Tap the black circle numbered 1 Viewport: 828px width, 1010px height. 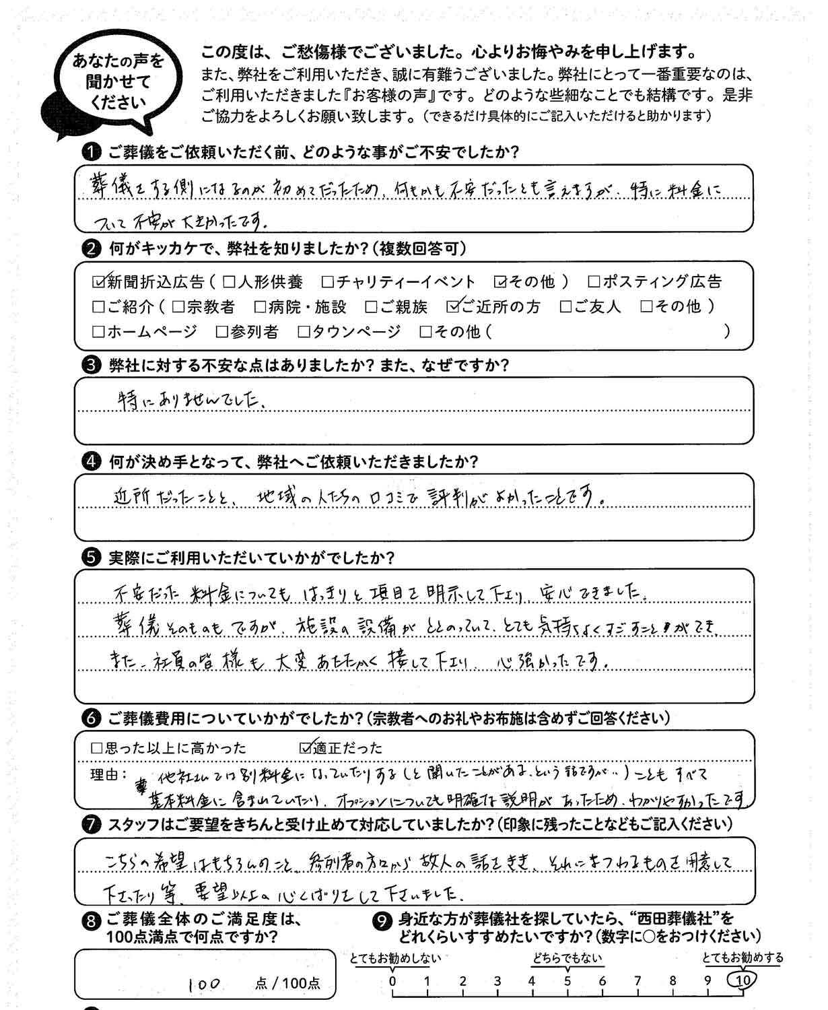point(90,152)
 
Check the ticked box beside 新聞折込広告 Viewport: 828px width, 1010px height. point(98,281)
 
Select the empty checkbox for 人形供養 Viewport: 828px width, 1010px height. point(228,281)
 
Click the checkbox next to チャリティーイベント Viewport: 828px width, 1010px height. point(328,281)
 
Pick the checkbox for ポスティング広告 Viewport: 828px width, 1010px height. point(594,281)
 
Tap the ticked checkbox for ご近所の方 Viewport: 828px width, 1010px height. point(453,306)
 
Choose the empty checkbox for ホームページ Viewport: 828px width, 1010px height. point(98,331)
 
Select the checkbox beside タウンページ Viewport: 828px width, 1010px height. point(304,331)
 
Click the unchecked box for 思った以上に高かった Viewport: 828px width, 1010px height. point(96,748)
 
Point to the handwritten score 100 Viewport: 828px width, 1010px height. point(204,984)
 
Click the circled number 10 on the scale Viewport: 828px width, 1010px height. point(743,981)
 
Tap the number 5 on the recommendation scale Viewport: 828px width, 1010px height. point(567,981)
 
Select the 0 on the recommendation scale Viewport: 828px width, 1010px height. point(392,981)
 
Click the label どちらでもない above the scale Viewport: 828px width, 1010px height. point(567,959)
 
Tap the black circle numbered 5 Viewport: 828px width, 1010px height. point(90,558)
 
